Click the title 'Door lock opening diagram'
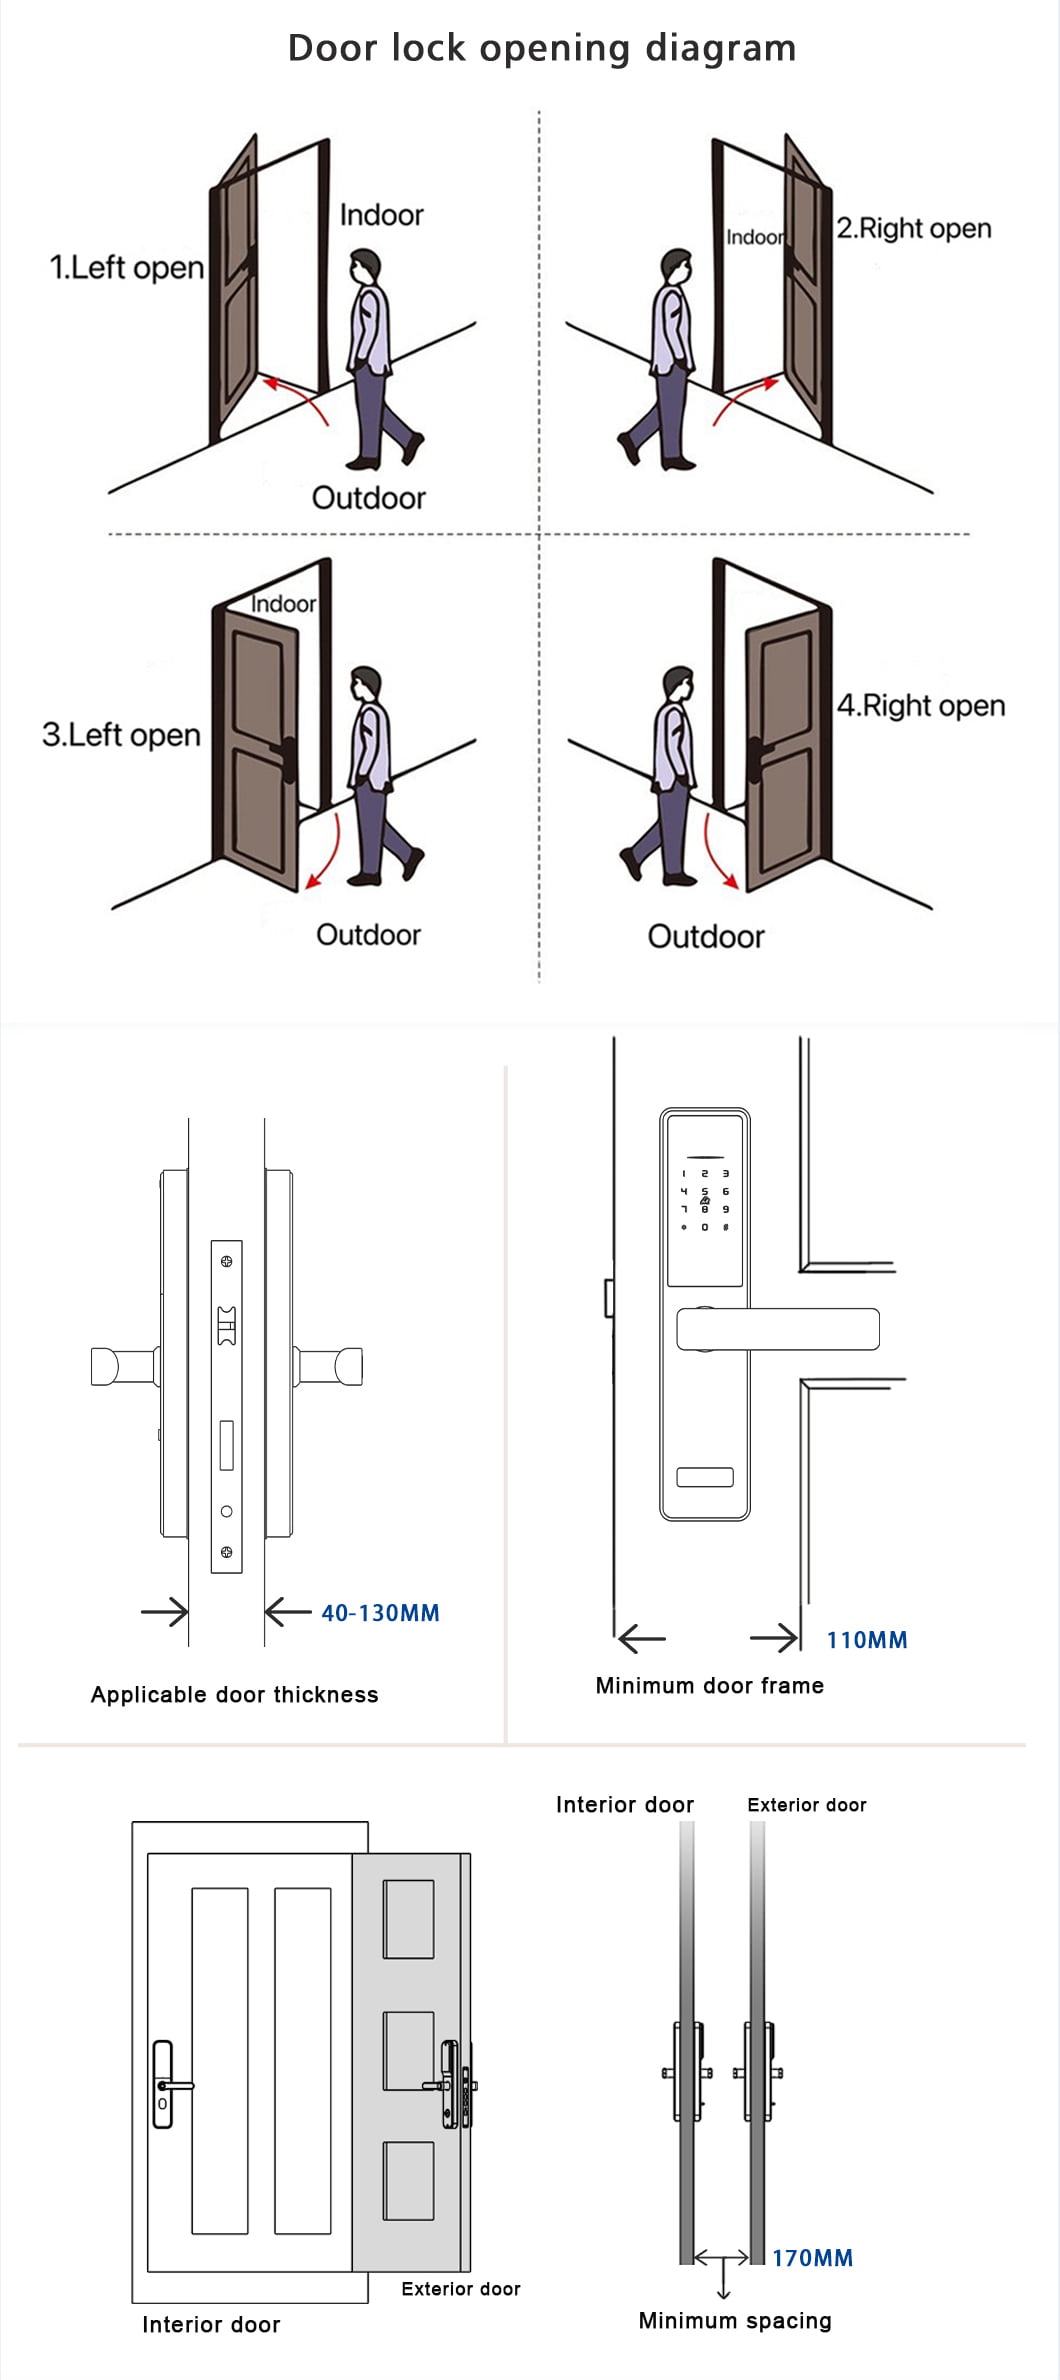tap(541, 48)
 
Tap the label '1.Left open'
tap(127, 267)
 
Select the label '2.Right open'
tap(913, 228)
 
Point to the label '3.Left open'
tap(121, 735)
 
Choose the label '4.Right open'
tap(920, 705)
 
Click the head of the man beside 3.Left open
tap(366, 685)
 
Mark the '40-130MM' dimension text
tap(380, 1613)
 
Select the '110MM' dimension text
tap(866, 1640)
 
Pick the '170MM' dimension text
tap(812, 2258)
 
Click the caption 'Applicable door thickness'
tap(235, 1695)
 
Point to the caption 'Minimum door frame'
tap(709, 1686)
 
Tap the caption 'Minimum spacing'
tap(734, 2321)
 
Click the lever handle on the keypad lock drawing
tap(777, 1329)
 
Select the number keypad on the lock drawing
tap(705, 1199)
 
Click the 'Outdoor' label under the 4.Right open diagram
tap(705, 937)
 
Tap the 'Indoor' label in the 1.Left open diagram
tap(381, 215)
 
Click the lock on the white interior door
tap(163, 2084)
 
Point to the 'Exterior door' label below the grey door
tap(460, 2289)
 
